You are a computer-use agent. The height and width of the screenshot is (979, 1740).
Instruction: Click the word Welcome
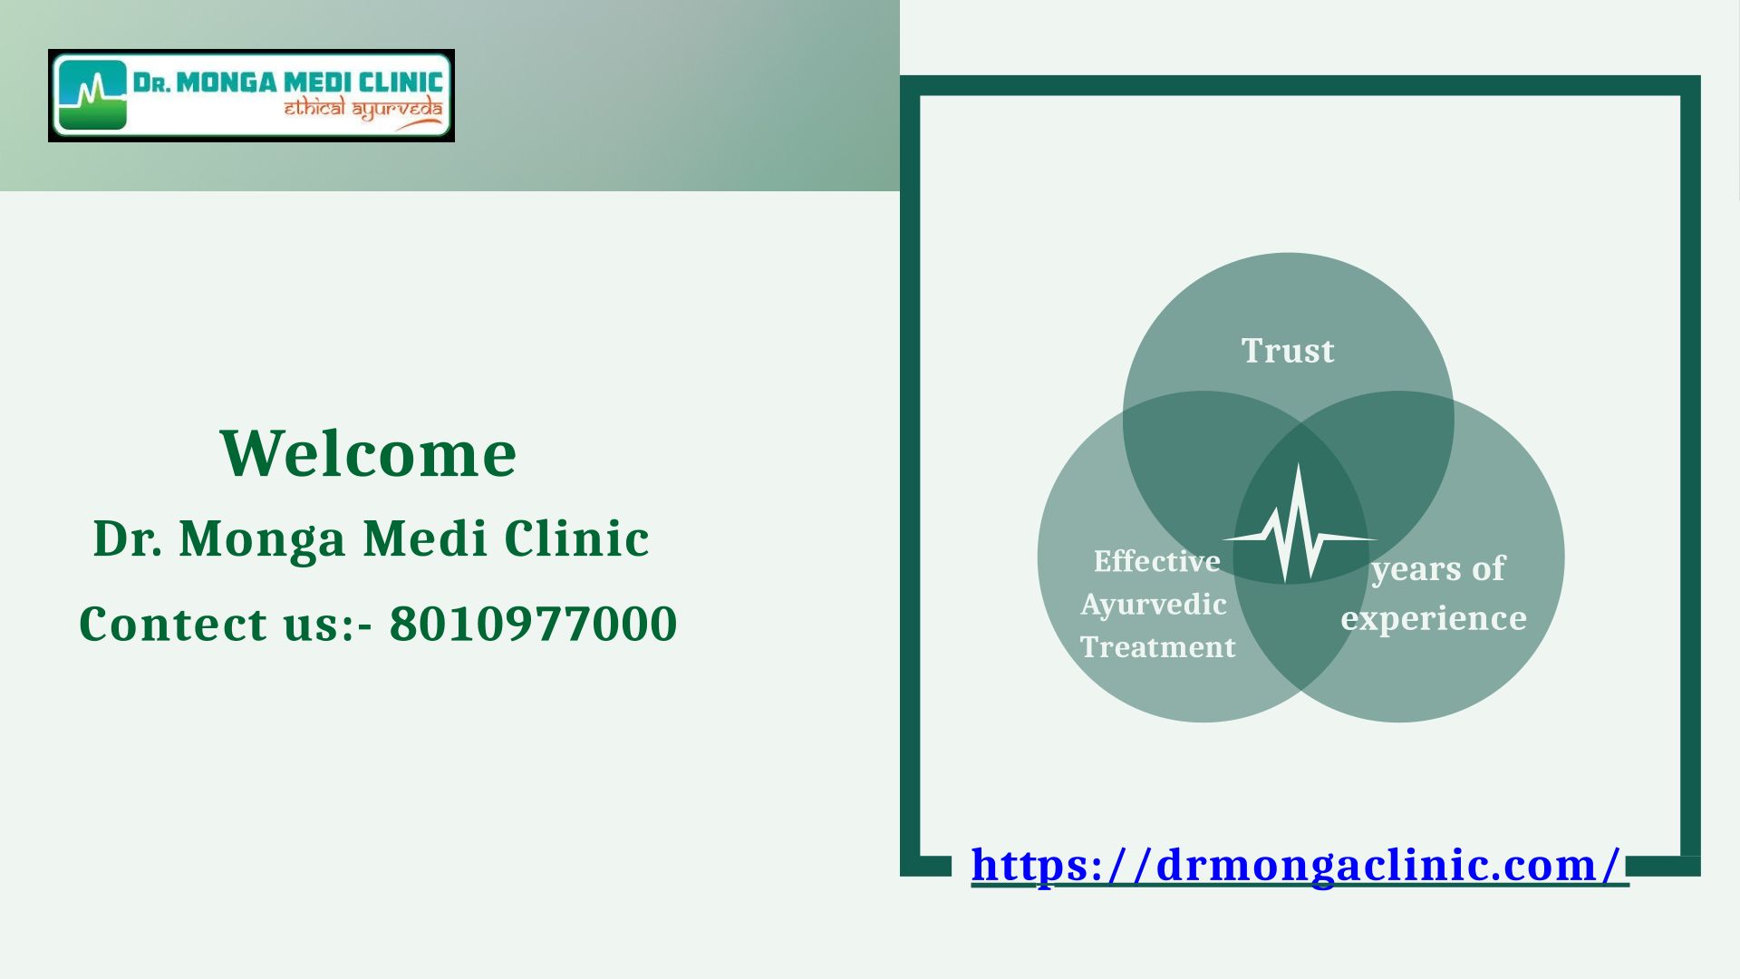(368, 452)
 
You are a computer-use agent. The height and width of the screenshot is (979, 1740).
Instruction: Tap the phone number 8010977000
(533, 624)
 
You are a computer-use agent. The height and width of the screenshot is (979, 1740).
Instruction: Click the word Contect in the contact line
(173, 624)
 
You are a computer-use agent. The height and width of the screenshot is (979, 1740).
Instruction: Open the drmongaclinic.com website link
(1300, 865)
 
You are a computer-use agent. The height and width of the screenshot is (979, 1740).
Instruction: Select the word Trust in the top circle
(1288, 351)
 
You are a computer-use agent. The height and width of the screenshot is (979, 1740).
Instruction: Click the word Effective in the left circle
(1157, 561)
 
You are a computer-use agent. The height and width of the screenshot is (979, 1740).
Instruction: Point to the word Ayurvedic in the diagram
(1154, 605)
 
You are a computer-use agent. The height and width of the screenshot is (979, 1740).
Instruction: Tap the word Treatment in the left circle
(1158, 647)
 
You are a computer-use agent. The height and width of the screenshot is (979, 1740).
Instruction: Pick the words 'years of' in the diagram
(1438, 570)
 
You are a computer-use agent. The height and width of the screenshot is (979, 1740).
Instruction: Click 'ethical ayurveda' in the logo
(363, 111)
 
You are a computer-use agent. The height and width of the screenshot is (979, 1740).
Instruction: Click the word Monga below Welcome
(263, 540)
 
